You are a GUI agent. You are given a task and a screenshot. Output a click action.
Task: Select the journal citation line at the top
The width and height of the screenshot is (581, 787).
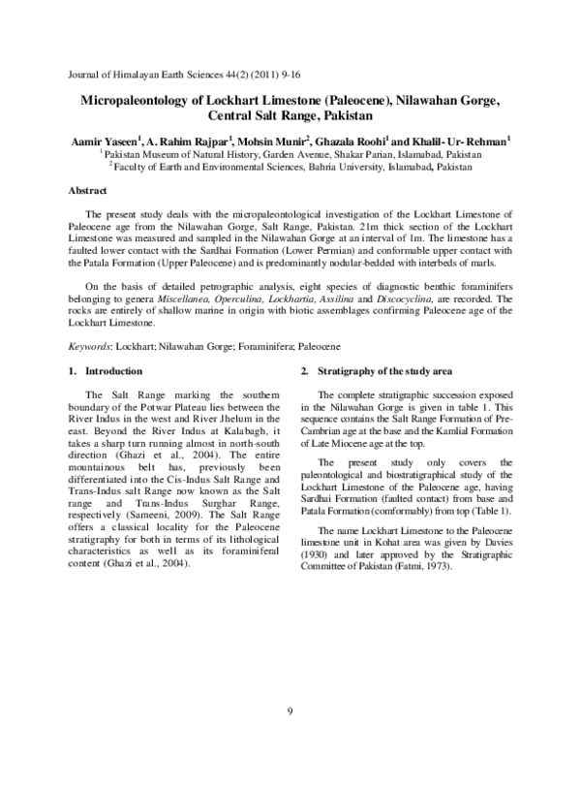pos(167,74)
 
